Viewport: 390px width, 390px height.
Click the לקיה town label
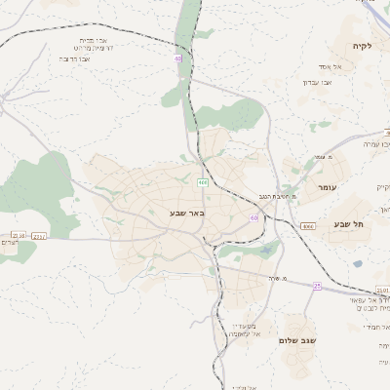362,46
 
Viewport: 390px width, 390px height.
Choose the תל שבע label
348,224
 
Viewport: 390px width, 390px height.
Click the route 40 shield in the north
178,58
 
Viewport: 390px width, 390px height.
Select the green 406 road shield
202,182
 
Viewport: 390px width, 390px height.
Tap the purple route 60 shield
253,217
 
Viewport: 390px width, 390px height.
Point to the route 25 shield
317,286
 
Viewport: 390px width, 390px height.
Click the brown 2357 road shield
39,235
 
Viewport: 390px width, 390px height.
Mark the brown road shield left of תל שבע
309,226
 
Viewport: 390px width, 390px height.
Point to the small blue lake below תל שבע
358,263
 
